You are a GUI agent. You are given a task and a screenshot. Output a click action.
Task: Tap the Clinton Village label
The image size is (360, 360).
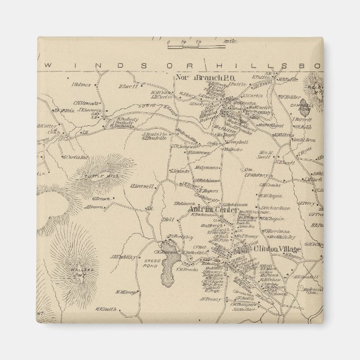point(277,249)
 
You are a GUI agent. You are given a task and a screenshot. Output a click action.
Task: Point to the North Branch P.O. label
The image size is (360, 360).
point(200,78)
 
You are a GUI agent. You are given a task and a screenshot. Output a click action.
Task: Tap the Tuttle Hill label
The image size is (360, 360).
point(96,176)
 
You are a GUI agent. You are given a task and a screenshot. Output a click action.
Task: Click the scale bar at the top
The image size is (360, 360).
point(185,41)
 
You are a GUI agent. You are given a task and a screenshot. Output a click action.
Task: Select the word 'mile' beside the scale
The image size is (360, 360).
point(214,41)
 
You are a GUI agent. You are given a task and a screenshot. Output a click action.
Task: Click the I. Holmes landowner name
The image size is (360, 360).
point(82,84)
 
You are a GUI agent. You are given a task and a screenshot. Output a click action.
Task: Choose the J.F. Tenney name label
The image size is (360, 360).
point(207,299)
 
